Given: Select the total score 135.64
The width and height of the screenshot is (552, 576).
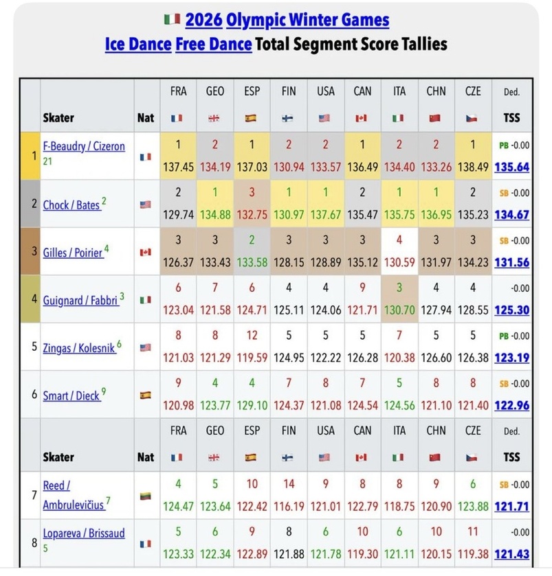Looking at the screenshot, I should [511, 167].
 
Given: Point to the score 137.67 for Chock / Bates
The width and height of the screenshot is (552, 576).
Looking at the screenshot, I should [325, 214].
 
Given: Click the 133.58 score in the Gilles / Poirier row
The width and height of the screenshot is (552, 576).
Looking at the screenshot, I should [251, 262].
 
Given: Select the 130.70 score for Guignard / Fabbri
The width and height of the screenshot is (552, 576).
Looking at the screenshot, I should [398, 310].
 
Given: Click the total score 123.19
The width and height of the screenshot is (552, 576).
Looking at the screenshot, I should [511, 358].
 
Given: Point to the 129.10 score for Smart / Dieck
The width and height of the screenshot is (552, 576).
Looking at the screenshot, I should [251, 405].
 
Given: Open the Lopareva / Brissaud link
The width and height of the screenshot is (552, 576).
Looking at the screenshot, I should [84, 533].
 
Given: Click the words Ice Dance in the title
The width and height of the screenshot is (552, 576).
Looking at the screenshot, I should [137, 44].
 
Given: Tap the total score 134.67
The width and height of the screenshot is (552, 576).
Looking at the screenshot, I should [511, 214].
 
